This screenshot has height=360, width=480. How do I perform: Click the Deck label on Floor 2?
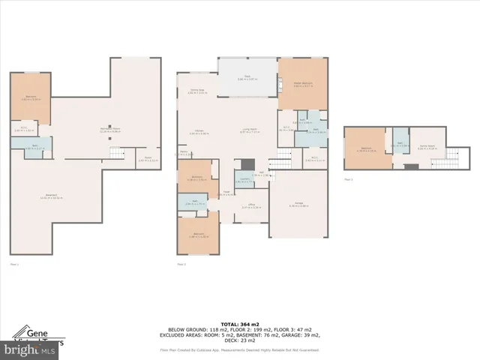(247, 78)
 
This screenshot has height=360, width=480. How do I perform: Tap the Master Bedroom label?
(303, 85)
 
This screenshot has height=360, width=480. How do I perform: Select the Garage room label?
(298, 205)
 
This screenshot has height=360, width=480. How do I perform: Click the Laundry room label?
(244, 180)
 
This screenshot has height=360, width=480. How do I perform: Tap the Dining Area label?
(196, 91)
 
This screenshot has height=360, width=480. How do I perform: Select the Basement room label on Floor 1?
(49, 198)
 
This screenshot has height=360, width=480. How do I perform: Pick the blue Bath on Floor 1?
(31, 148)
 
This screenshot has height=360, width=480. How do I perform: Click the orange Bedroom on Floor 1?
(31, 98)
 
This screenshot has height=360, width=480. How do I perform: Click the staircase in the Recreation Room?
(114, 153)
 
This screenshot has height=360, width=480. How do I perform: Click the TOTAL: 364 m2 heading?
(239, 322)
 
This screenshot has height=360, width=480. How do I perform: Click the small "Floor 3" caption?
(347, 180)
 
